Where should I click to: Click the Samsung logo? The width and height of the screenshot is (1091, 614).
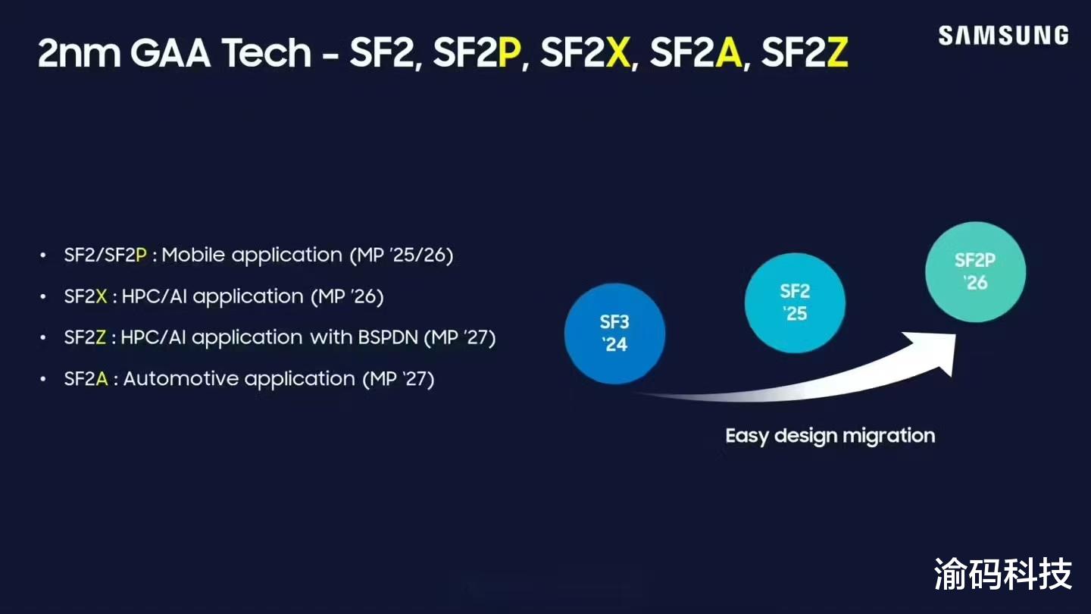1003,36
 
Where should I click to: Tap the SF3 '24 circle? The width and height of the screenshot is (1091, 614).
614,334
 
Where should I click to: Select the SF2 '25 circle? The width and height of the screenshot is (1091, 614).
795,302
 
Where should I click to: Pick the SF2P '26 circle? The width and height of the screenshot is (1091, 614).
975,272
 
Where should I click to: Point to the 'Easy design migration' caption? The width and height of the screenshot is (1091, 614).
830,436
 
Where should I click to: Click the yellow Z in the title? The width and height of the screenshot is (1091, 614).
837,52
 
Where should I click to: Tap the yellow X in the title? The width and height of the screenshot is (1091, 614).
618,52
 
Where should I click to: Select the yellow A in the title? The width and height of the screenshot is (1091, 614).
729,52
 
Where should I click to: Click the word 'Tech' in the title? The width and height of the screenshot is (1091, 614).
267,52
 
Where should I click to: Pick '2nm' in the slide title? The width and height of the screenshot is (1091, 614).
79,52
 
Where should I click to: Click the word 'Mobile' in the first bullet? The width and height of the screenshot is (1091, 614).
193,255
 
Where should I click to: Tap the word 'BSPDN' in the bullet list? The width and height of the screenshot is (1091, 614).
388,337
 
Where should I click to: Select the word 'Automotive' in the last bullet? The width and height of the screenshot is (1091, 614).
239,379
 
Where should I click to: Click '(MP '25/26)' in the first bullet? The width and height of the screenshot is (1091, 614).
402,255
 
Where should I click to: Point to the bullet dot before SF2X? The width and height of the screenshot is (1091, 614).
43,296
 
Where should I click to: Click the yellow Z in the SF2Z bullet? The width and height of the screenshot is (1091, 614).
101,337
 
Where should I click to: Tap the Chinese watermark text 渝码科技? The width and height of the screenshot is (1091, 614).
1003,574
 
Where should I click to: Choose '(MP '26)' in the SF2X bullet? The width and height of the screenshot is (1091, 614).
348,296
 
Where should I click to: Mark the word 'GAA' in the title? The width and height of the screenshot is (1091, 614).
170,52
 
